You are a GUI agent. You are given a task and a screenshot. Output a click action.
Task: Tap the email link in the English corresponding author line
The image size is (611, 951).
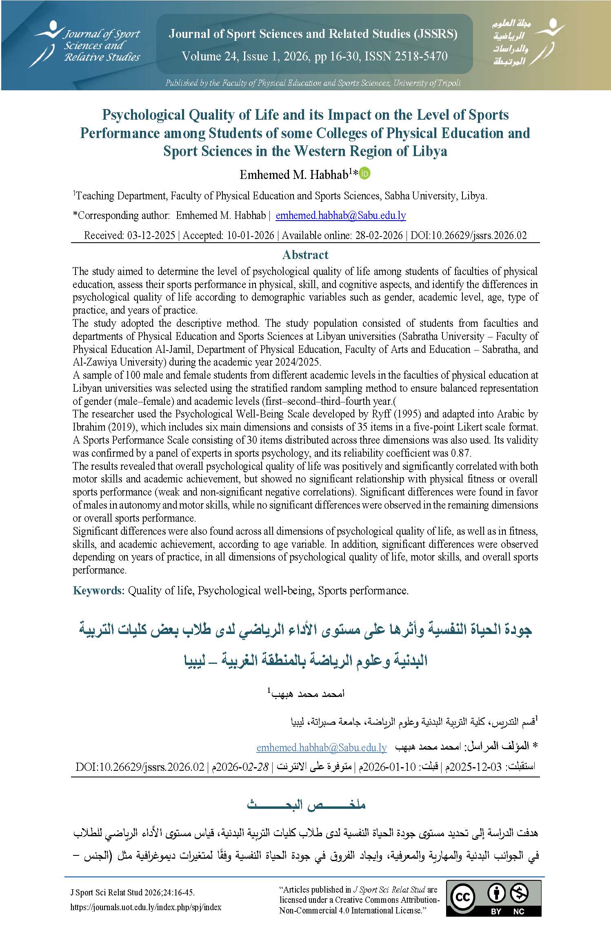point(340,215)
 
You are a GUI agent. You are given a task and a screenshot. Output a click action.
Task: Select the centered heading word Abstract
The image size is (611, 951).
point(305,255)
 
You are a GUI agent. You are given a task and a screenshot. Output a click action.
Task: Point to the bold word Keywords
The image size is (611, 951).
point(98,591)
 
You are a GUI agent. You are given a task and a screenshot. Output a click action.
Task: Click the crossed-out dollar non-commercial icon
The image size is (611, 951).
point(520,894)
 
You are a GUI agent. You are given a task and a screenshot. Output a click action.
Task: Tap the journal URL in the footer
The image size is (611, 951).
point(146,907)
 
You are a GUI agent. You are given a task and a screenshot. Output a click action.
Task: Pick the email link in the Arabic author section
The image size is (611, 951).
point(322,748)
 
